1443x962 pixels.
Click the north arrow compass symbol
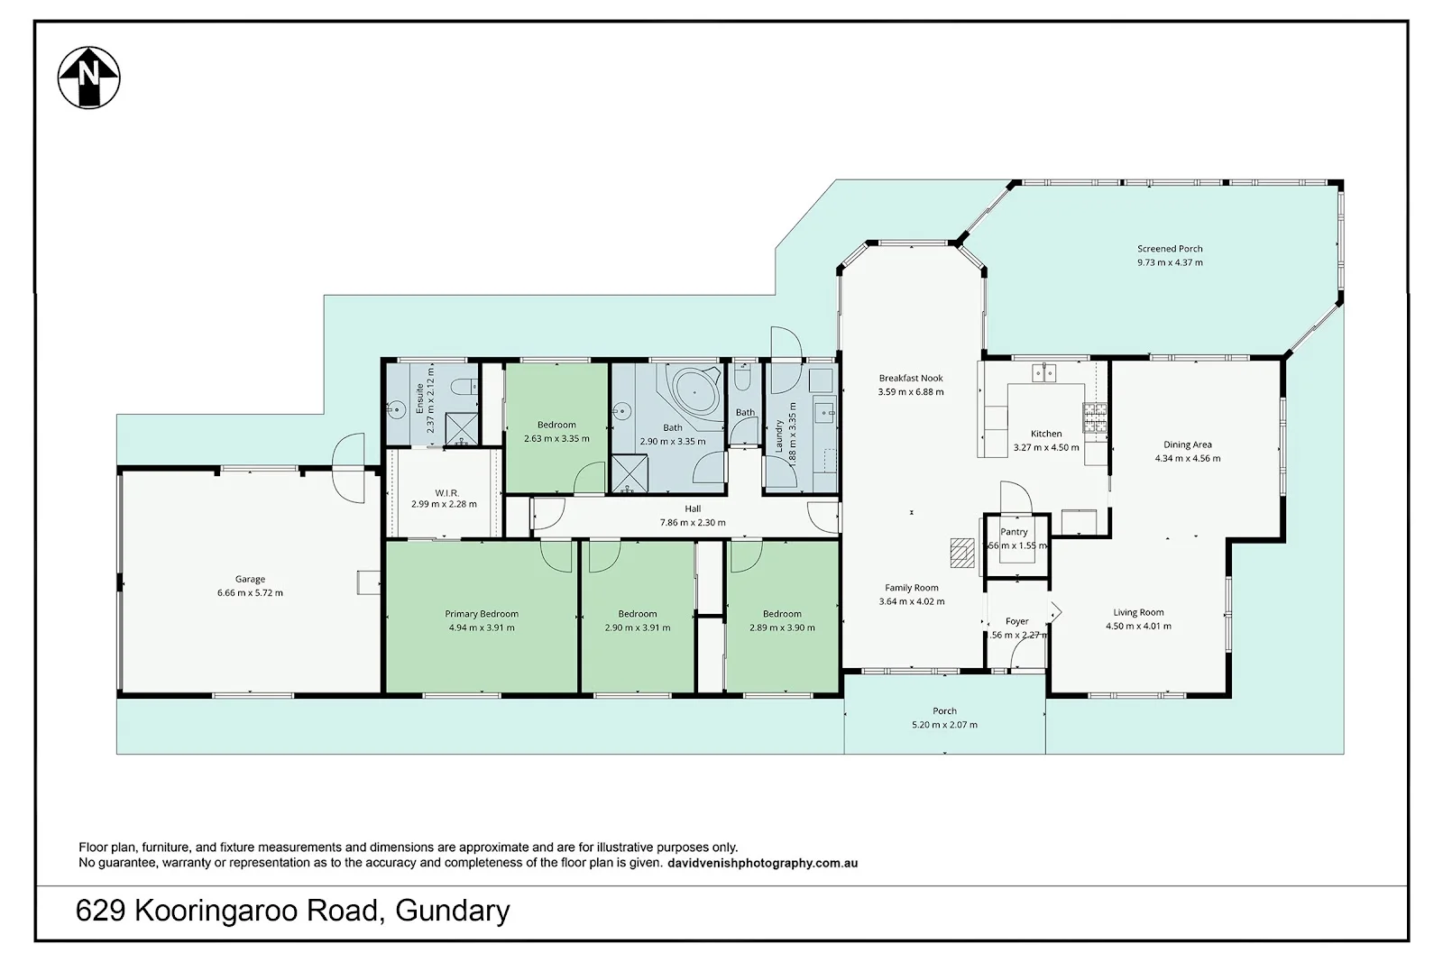(x=88, y=78)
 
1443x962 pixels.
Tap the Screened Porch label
(x=1170, y=249)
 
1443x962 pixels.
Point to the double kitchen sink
(x=1044, y=372)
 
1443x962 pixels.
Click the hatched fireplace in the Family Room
(x=963, y=552)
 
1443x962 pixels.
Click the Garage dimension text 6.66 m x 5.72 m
(x=250, y=593)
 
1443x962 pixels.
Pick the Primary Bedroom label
(x=481, y=614)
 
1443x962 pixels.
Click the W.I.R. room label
(x=446, y=492)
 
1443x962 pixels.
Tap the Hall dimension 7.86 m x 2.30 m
(x=693, y=522)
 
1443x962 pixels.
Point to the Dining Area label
(x=1187, y=444)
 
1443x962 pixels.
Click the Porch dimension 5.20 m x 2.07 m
(x=944, y=725)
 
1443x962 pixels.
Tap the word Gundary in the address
(x=453, y=911)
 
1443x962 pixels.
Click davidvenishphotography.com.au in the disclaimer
(x=763, y=863)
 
